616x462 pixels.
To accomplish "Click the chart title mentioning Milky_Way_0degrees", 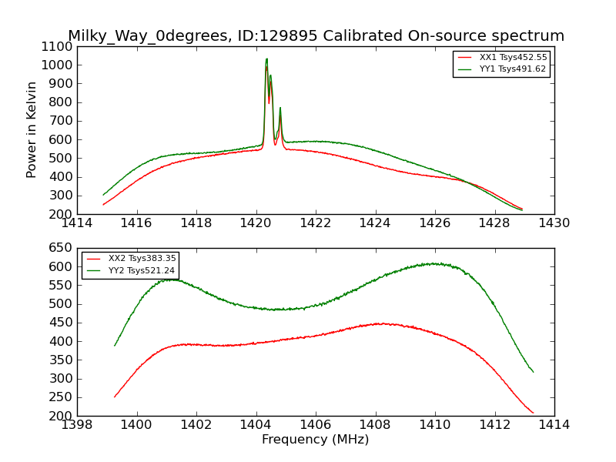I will pyautogui.click(x=316, y=36).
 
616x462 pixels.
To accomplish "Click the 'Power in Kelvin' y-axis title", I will pyautogui.click(x=32, y=129).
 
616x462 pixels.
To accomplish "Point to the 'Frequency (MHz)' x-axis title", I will pyautogui.click(x=315, y=440).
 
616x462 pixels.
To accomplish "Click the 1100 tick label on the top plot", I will pyautogui.click(x=57, y=46).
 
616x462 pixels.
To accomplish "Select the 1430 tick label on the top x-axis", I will pyautogui.click(x=554, y=223).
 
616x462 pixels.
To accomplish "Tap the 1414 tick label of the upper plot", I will pyautogui.click(x=77, y=223).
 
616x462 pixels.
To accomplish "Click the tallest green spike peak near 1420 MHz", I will pyautogui.click(x=266, y=59).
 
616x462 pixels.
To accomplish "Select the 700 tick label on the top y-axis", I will pyautogui.click(x=61, y=121).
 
